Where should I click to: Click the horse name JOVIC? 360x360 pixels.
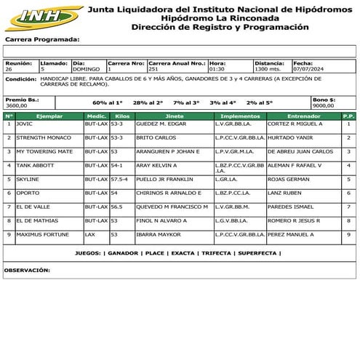25,124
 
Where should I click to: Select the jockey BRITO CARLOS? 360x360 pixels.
156,137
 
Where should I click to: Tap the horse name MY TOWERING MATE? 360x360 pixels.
44,151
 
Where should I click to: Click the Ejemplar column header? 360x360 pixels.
49,116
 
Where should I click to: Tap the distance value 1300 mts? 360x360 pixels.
269,69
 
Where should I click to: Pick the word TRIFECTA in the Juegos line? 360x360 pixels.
214,253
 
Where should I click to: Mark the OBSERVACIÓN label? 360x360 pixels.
27,270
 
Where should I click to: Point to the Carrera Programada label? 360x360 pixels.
42,39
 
